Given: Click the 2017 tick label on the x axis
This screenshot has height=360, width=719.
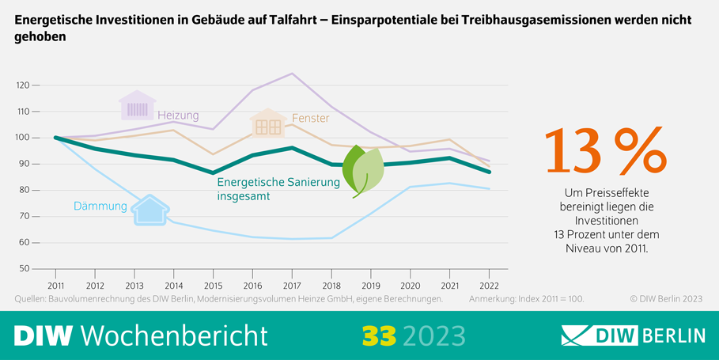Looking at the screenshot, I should [x=292, y=285].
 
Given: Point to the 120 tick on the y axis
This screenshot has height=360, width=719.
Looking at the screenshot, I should [x=23, y=85].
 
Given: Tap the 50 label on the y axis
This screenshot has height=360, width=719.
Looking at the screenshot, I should [x=25, y=269].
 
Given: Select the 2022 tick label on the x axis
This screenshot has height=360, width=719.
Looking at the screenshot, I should [x=489, y=285].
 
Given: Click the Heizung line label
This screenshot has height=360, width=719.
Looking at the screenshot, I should [x=178, y=116].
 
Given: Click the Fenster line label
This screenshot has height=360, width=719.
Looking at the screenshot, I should [x=310, y=119].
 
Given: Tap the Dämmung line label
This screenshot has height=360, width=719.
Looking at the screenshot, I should [x=100, y=207].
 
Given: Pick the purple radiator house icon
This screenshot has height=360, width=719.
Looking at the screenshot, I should [x=138, y=107].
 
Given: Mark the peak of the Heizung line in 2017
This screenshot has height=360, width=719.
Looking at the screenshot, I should [x=292, y=74].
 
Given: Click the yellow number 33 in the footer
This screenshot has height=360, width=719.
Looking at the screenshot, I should [x=379, y=335].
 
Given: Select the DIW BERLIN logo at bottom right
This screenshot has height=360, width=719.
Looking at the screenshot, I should [x=632, y=335].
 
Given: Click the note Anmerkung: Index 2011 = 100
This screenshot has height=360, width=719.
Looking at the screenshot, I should [x=526, y=300].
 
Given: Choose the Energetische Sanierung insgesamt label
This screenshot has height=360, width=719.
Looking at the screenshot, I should [x=278, y=189].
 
